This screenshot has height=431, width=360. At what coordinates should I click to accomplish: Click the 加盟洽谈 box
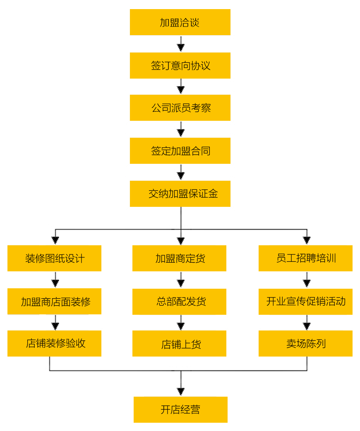tap(180, 22)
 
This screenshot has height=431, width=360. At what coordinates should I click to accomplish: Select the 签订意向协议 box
tap(180, 65)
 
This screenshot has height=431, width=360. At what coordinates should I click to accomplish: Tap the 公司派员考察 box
tap(180, 108)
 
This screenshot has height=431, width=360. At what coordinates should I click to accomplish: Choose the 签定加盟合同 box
tap(180, 151)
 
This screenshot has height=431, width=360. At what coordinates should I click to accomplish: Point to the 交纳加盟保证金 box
tap(180, 194)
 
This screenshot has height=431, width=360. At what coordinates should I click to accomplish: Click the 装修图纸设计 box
tap(54, 259)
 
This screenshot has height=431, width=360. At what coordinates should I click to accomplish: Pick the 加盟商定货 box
tap(179, 259)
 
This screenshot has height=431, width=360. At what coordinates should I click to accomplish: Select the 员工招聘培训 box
tap(305, 259)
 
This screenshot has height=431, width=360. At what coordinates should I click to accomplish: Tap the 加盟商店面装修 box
tap(54, 302)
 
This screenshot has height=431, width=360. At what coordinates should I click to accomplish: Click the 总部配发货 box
tap(179, 302)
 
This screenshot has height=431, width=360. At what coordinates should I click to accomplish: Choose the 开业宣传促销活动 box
tap(305, 302)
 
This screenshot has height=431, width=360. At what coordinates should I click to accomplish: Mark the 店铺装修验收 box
tap(54, 343)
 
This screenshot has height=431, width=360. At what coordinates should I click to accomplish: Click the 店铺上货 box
tap(179, 343)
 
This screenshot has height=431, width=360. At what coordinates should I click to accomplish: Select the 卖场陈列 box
tap(305, 343)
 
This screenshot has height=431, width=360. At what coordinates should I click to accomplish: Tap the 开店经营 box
tap(180, 409)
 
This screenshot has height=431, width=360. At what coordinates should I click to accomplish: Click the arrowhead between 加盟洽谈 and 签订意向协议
tap(180, 47)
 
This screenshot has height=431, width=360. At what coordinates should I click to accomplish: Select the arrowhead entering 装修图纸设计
tap(55, 240)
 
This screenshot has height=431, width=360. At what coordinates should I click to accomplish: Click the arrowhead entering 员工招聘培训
tap(307, 240)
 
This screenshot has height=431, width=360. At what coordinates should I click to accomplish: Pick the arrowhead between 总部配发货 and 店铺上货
tap(180, 326)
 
